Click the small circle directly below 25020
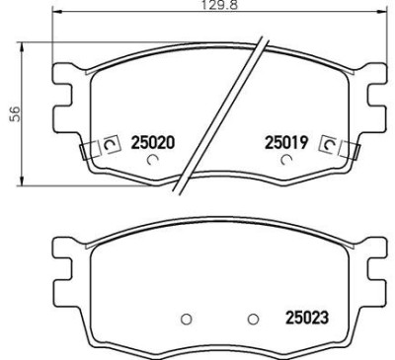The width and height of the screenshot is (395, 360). (151, 160)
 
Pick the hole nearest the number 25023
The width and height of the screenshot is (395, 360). (254, 318)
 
